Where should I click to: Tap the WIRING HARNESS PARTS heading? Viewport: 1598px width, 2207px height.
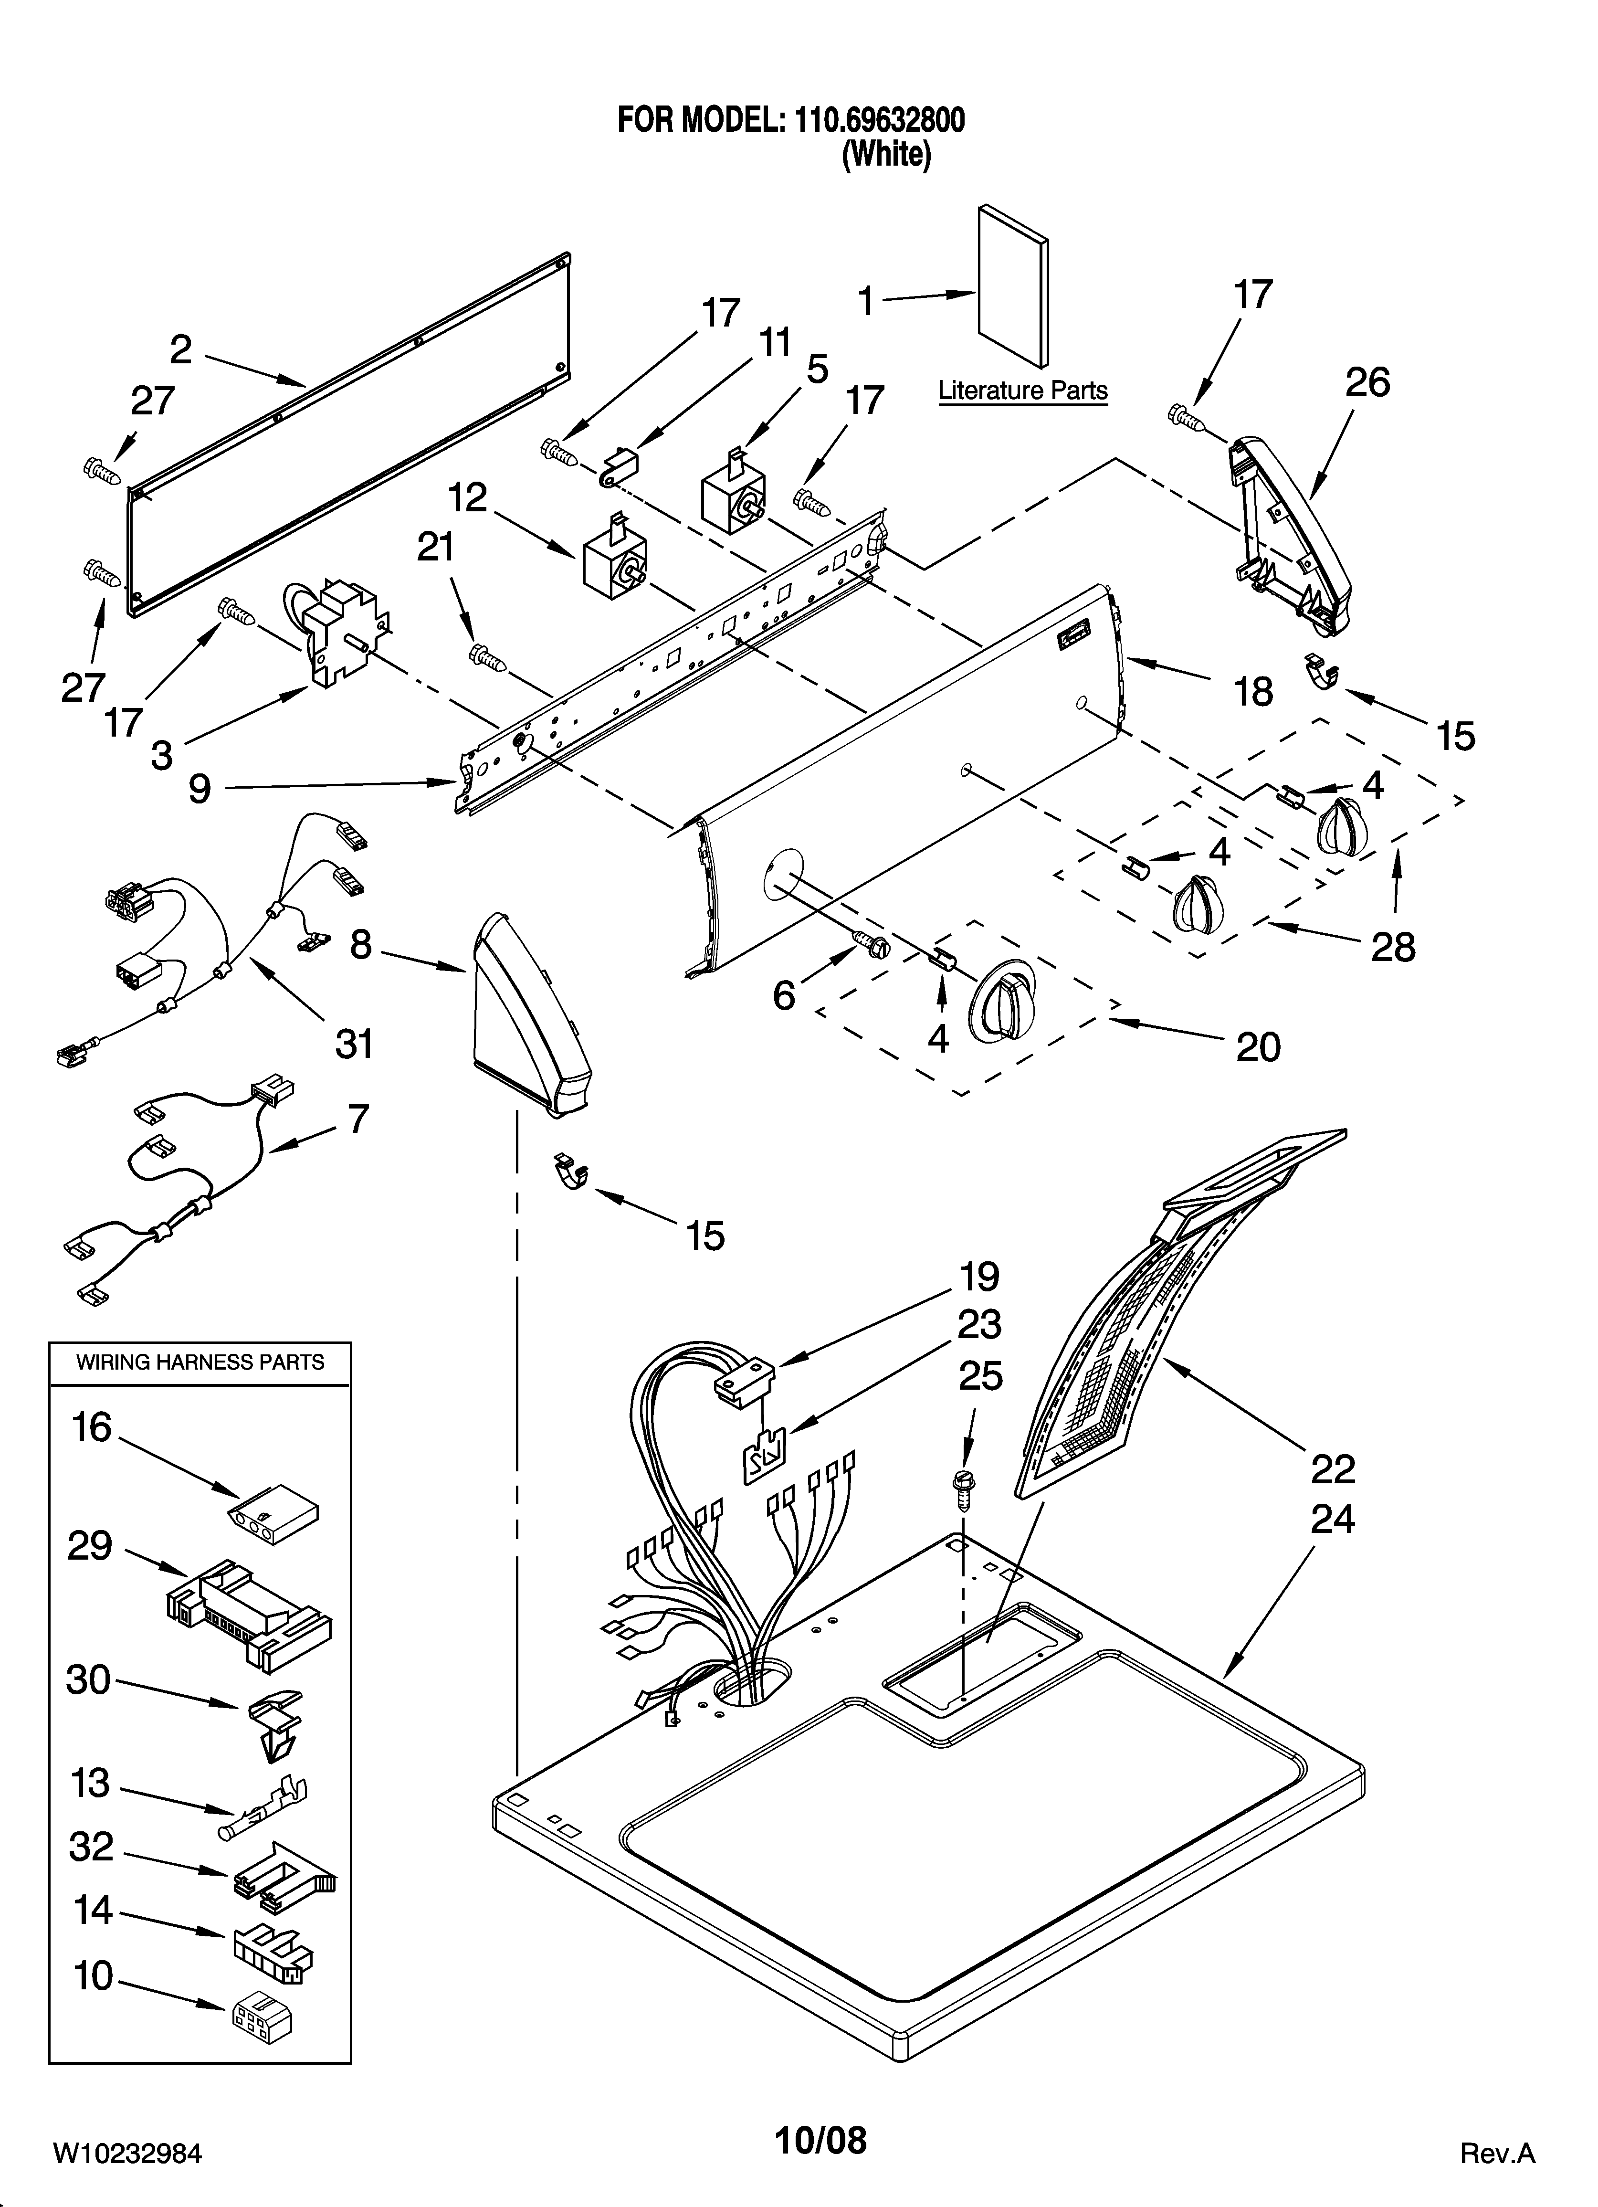click(200, 1362)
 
